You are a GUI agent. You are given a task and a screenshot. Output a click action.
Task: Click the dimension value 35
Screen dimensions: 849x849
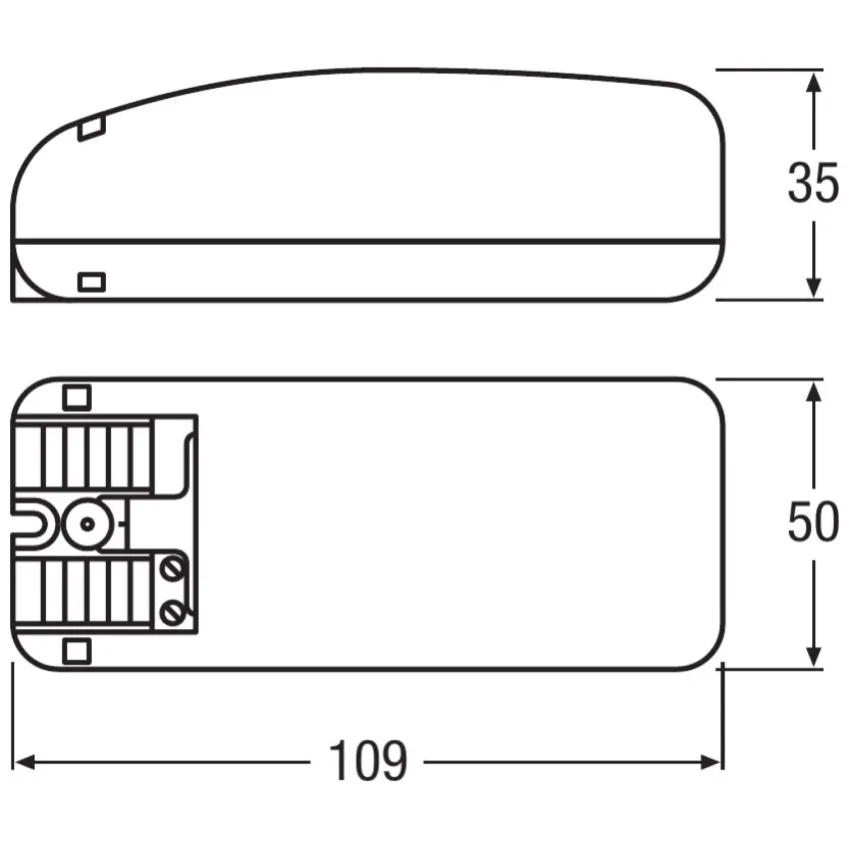[x=812, y=184]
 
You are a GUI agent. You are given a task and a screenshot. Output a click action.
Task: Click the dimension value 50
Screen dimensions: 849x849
[x=812, y=523]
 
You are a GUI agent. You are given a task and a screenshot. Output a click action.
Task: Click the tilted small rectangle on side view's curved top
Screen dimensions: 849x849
[x=91, y=127]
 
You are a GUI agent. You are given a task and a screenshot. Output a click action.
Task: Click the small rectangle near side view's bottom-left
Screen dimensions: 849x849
[x=91, y=282]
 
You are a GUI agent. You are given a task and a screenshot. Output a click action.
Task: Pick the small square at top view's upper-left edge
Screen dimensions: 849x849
[x=76, y=397]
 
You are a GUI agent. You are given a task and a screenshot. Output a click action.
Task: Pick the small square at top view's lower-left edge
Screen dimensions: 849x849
[x=76, y=651]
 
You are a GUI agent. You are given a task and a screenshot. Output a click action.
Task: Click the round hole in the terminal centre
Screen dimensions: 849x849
[x=86, y=522]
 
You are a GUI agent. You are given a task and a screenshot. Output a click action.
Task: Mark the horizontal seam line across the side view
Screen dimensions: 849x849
[x=370, y=241]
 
